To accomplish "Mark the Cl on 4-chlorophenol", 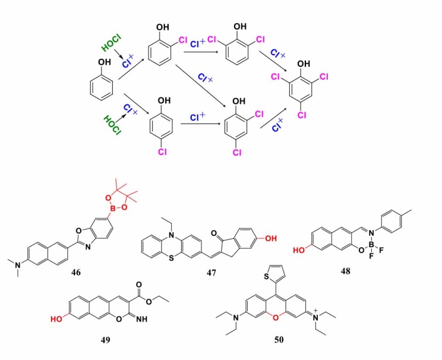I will (x=162, y=153).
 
